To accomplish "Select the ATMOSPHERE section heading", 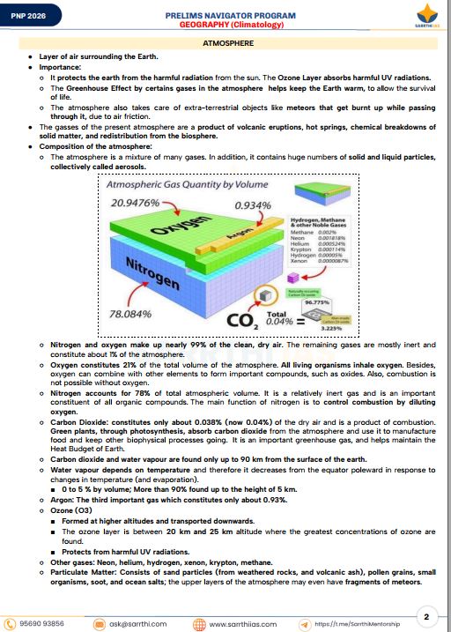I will coord(225,42).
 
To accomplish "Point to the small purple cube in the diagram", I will coord(292,279).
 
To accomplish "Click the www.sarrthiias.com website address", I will coord(243,623).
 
